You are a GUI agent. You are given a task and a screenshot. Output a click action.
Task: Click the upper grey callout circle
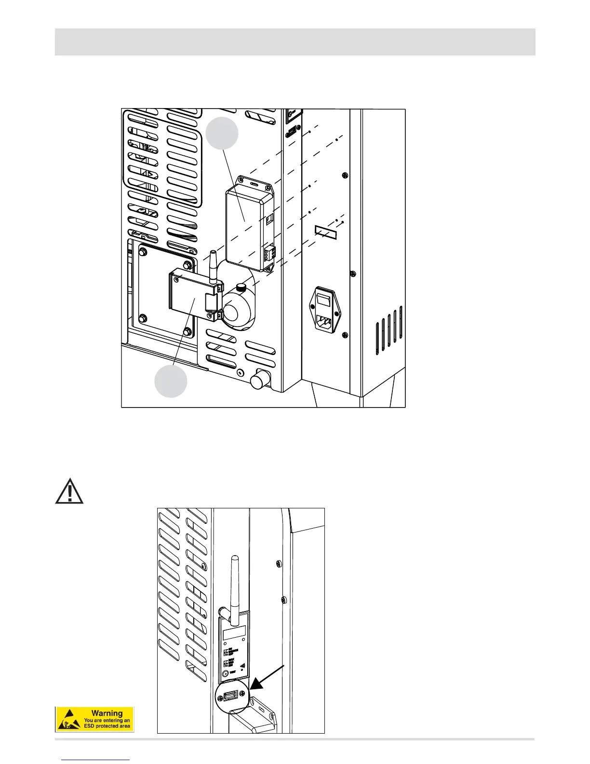pos(222,133)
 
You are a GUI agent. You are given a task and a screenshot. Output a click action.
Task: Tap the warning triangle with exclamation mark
pos(69,491)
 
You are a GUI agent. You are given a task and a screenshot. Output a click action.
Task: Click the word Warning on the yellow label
pos(107,713)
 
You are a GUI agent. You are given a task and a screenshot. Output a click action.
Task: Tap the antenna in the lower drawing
pos(233,584)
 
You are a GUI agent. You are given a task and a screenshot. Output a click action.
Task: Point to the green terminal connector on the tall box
pos(269,253)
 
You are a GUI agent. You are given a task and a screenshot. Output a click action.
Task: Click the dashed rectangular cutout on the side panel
pos(325,231)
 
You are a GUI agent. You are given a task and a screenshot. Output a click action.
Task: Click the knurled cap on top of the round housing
pos(242,288)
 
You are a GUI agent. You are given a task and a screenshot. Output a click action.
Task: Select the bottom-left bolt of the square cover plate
pos(143,318)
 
